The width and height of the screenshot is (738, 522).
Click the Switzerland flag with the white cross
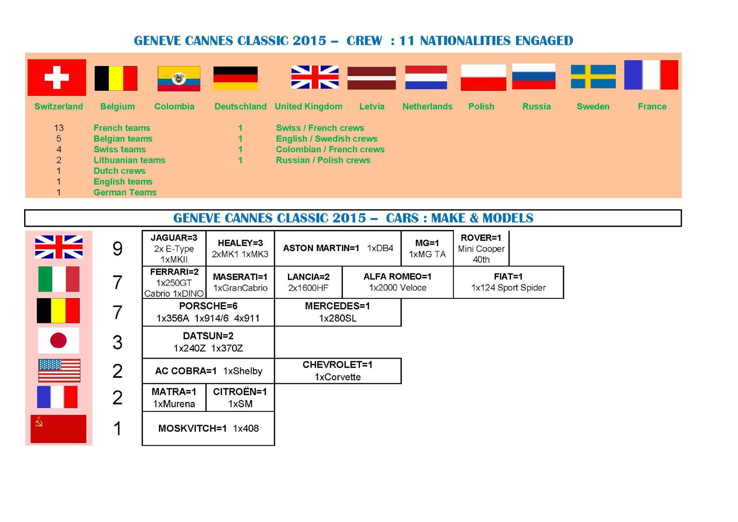click(57, 78)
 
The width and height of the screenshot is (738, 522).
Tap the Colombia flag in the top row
click(179, 79)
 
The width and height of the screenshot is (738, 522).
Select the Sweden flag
click(593, 76)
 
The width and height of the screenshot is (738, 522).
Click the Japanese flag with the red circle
click(58, 340)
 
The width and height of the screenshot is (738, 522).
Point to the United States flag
click(59, 371)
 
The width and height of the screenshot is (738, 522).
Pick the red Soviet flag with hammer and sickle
click(58, 429)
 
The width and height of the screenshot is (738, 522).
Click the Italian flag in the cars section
click(59, 279)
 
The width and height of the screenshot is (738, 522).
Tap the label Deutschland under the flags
click(240, 106)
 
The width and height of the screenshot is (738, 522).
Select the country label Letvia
click(372, 106)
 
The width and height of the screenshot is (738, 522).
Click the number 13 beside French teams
click(59, 128)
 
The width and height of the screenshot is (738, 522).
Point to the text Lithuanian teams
click(129, 160)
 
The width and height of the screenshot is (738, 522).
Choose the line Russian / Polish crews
click(323, 160)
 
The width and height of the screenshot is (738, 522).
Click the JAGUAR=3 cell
click(174, 248)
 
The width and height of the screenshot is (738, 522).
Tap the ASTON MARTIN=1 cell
click(338, 248)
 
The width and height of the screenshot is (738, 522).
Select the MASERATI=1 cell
click(240, 282)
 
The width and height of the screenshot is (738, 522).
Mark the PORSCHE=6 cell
click(208, 312)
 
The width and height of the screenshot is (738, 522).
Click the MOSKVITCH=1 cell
click(208, 428)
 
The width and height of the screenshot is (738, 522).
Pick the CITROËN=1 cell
click(240, 398)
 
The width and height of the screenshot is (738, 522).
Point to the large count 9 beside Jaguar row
click(117, 249)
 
